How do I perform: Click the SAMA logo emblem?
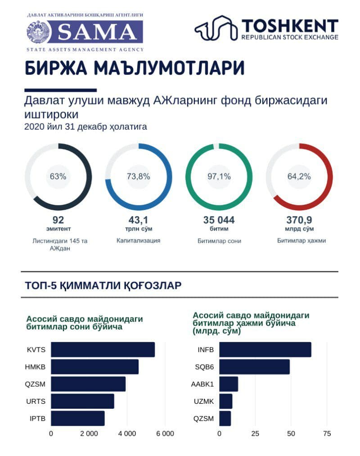(x=39, y=32)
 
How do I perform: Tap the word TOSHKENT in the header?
(x=290, y=26)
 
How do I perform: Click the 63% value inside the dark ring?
(x=58, y=176)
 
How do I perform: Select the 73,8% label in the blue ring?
(x=139, y=176)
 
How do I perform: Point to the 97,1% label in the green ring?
(x=219, y=176)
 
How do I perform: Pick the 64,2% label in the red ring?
(x=299, y=176)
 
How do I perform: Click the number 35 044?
(x=219, y=220)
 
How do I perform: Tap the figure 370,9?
(x=299, y=220)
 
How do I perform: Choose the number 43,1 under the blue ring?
(x=139, y=220)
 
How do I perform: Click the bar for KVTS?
(x=103, y=350)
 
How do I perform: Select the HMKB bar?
(x=95, y=367)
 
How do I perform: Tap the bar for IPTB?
(x=78, y=419)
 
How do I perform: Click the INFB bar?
(x=265, y=350)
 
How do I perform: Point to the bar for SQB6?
(x=254, y=367)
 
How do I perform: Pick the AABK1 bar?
(x=229, y=384)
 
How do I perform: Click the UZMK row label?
(x=204, y=402)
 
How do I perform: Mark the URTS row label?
(x=36, y=402)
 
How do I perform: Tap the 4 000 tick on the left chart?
(x=127, y=433)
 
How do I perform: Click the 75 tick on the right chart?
(x=327, y=433)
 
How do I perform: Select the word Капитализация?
(x=139, y=240)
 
